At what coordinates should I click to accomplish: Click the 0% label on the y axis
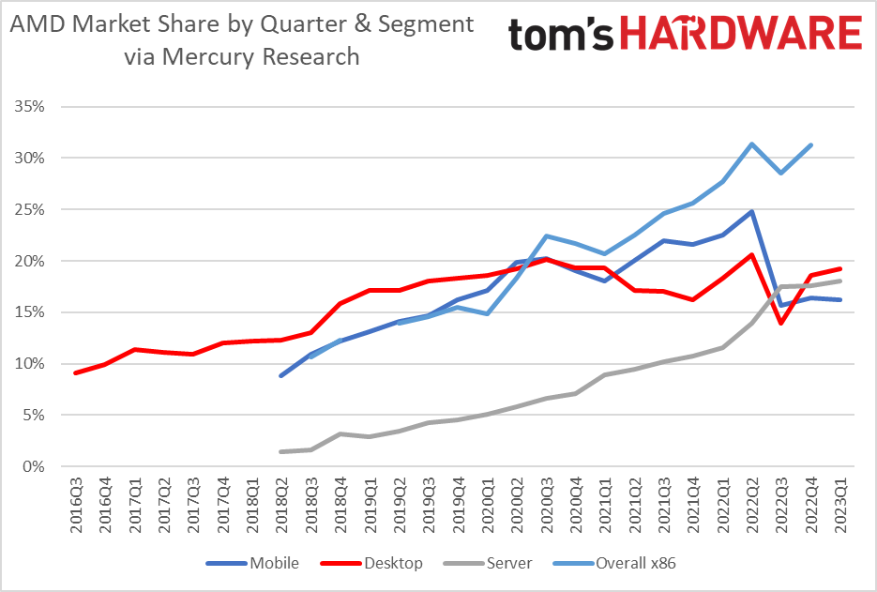click(35, 466)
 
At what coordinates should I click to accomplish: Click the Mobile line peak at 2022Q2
click(751, 211)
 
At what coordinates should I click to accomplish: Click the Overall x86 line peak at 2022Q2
click(751, 144)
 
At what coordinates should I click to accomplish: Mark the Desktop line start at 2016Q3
click(75, 372)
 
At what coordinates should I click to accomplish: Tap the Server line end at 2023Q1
click(839, 281)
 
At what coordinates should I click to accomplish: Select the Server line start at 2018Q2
click(281, 451)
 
